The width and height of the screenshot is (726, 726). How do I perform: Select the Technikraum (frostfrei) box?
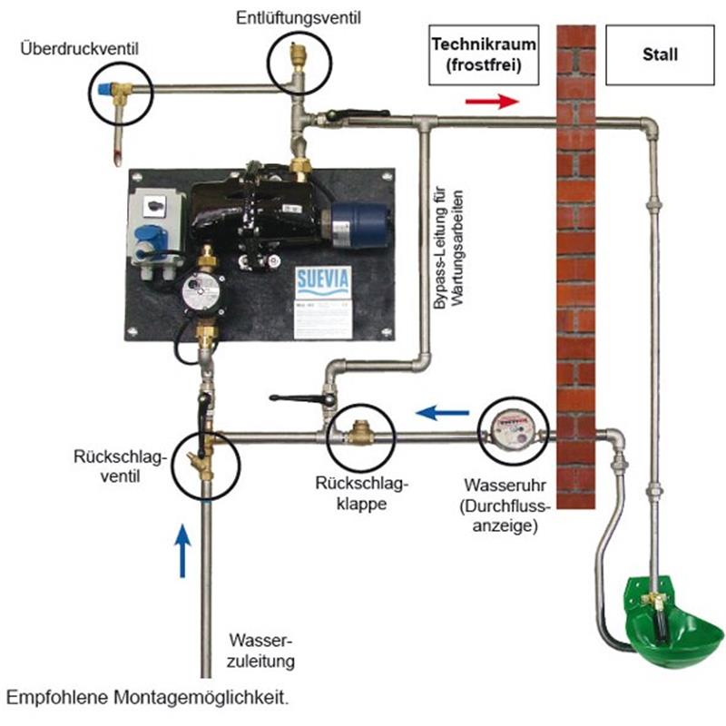(479, 54)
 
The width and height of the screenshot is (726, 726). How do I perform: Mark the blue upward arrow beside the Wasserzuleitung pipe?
(183, 549)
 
